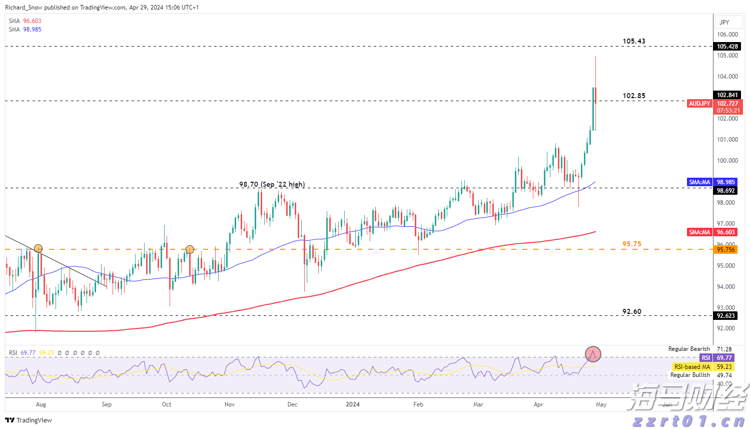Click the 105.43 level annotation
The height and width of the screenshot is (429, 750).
click(633, 41)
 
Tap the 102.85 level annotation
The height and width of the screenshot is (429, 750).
click(633, 96)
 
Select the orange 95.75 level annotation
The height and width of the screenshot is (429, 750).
click(631, 244)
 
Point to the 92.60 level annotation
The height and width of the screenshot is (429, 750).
click(631, 311)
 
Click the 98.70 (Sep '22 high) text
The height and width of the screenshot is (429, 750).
click(272, 184)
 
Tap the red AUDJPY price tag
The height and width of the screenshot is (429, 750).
click(699, 104)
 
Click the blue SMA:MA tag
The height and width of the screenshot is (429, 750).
click(699, 182)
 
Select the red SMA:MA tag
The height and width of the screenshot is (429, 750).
click(699, 232)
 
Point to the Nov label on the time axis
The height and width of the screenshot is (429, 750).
click(230, 404)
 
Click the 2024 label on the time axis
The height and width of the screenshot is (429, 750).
click(353, 404)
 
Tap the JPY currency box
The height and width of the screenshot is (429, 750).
click(724, 23)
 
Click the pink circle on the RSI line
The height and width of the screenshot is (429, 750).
click(593, 354)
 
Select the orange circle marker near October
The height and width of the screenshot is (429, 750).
click(190, 249)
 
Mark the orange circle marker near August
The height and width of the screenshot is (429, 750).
click(38, 248)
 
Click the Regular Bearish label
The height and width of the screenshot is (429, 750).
click(689, 349)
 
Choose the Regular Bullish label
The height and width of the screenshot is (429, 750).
click(690, 375)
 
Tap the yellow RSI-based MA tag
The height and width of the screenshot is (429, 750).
click(692, 367)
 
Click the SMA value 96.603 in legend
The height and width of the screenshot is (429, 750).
click(32, 21)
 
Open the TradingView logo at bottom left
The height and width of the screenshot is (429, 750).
click(29, 420)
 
